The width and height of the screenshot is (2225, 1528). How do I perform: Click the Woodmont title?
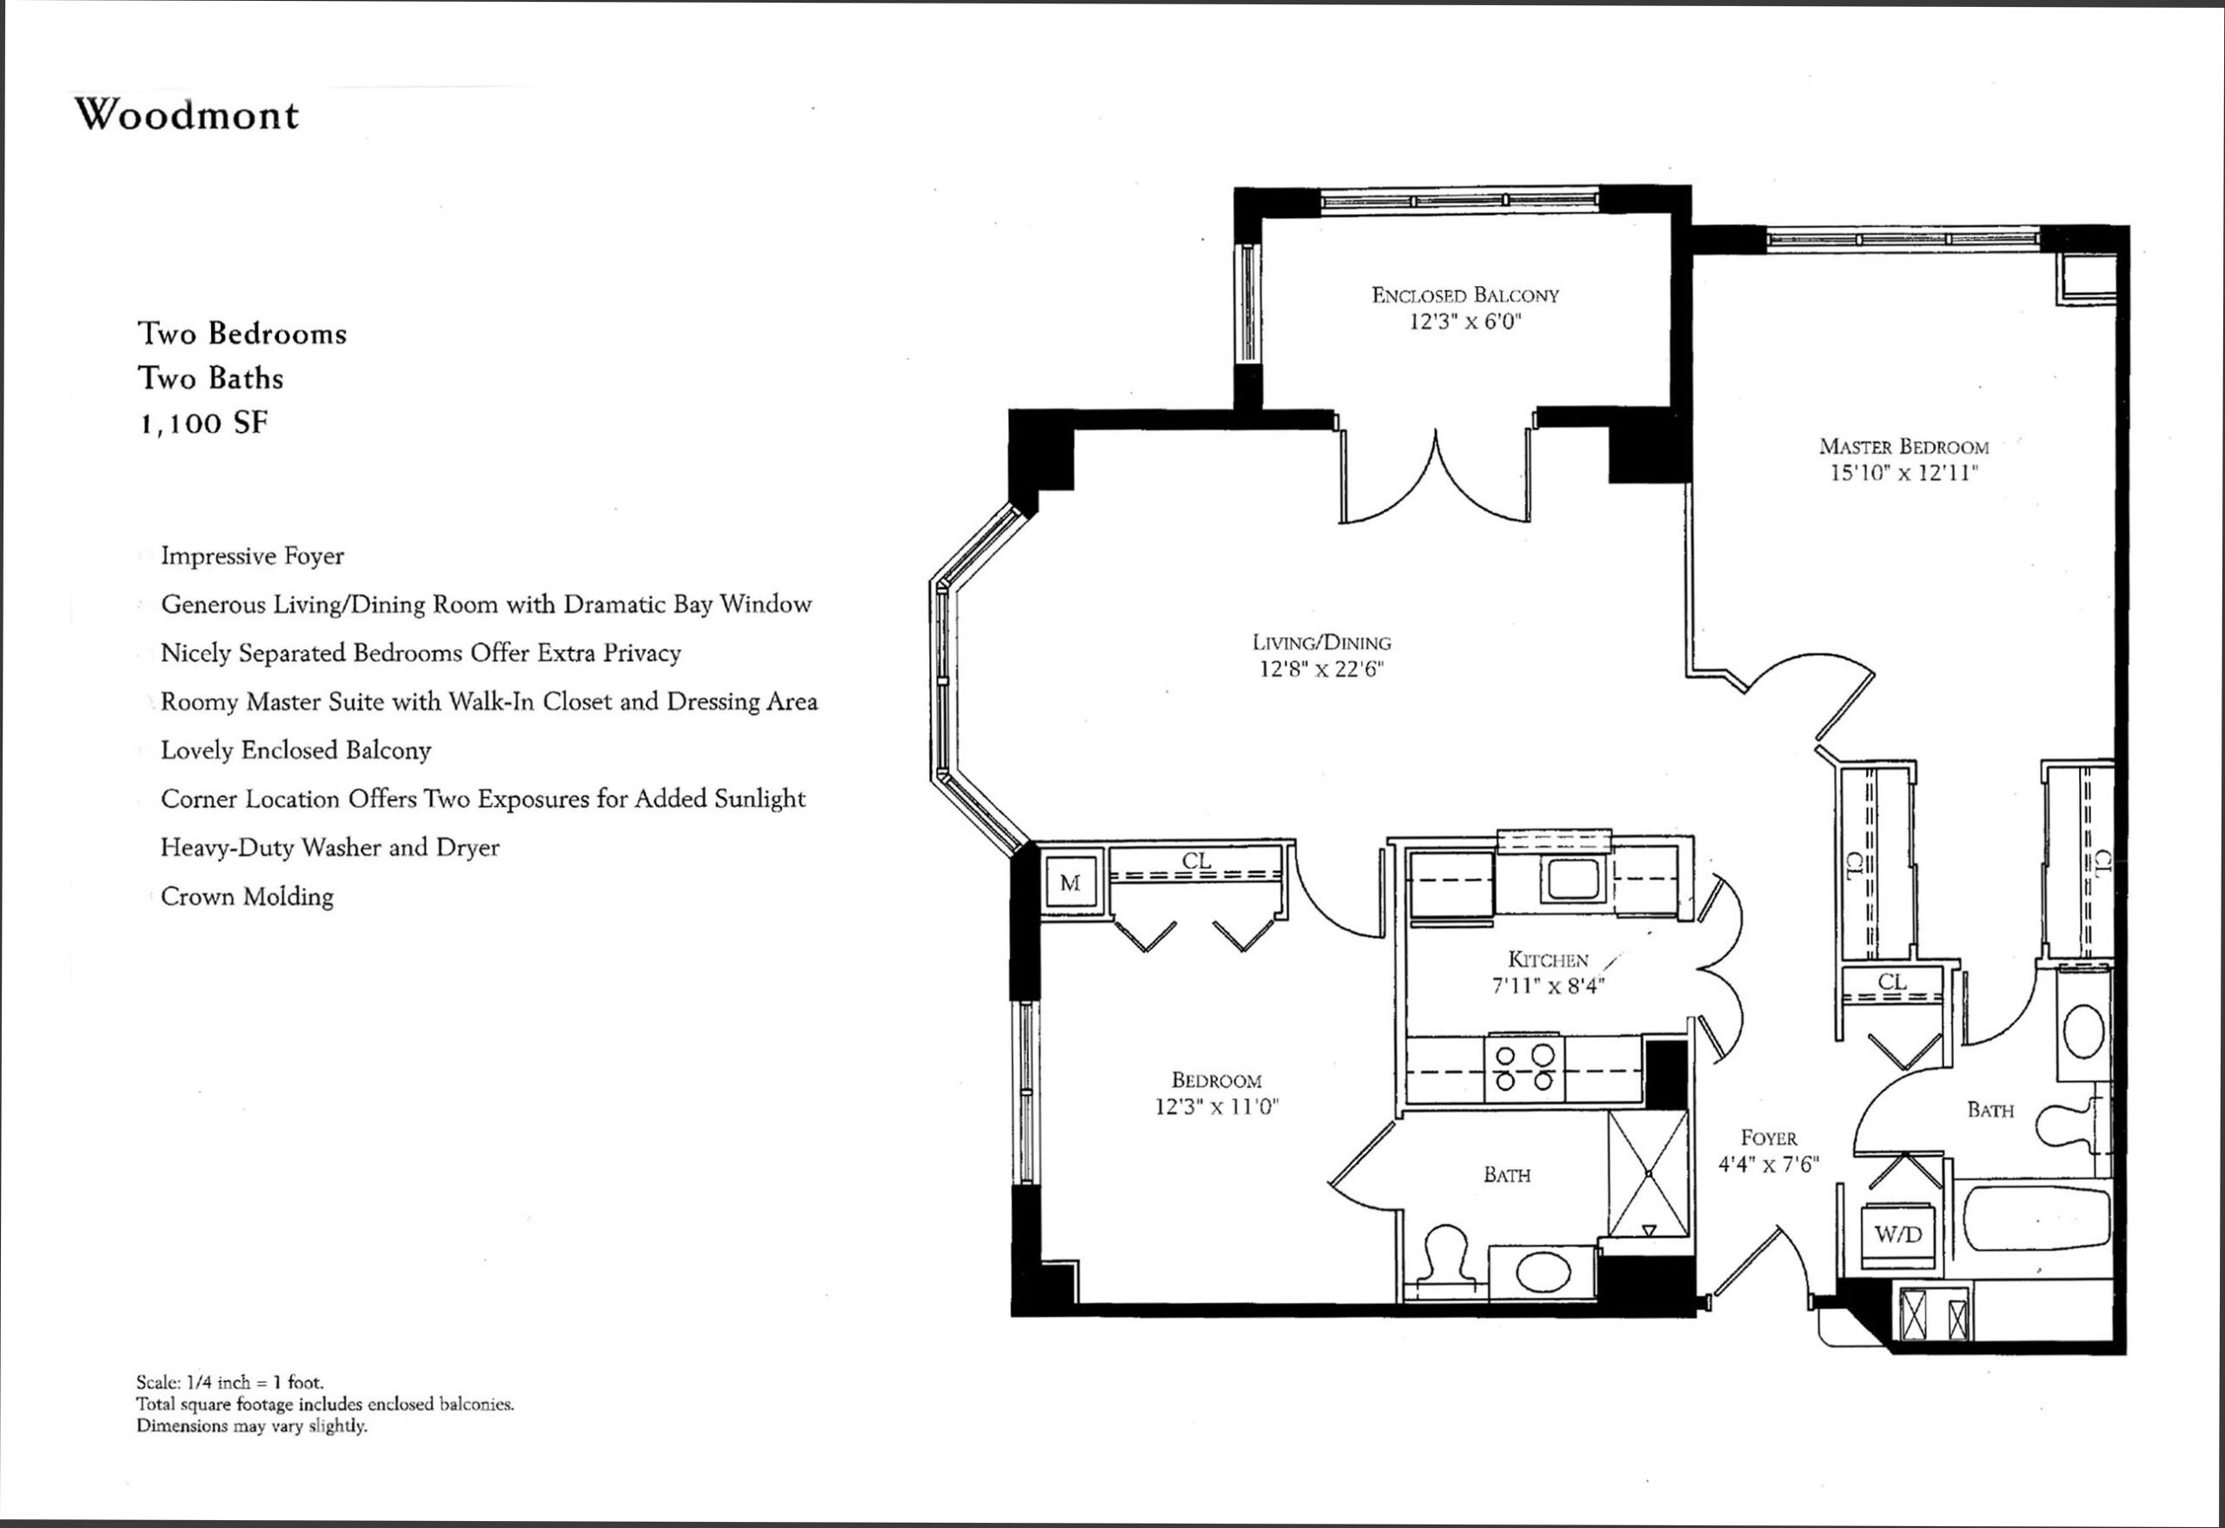pos(188,115)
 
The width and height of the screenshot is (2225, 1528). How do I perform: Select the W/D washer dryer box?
pos(1898,1234)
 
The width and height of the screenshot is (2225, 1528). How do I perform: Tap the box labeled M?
pos(1071,883)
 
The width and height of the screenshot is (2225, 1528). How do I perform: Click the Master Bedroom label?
pos(1904,446)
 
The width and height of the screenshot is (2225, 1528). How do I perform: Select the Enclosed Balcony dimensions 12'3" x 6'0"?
pos(1465,322)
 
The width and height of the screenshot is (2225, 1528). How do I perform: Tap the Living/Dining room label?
pos(1322,642)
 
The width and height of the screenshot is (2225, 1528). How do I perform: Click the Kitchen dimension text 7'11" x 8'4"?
pos(1548,985)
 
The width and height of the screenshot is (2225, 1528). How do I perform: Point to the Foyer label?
pos(1769,1138)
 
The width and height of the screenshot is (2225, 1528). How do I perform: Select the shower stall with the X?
pos(1648,1173)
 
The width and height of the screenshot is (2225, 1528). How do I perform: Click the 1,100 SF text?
pos(205,423)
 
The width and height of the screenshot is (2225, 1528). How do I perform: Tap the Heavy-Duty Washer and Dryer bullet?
pos(330,847)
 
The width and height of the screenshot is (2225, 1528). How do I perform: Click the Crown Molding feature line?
pos(247,896)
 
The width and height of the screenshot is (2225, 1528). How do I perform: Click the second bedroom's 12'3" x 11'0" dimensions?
pos(1217,1106)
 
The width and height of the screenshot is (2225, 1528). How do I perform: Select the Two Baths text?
pos(210,378)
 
